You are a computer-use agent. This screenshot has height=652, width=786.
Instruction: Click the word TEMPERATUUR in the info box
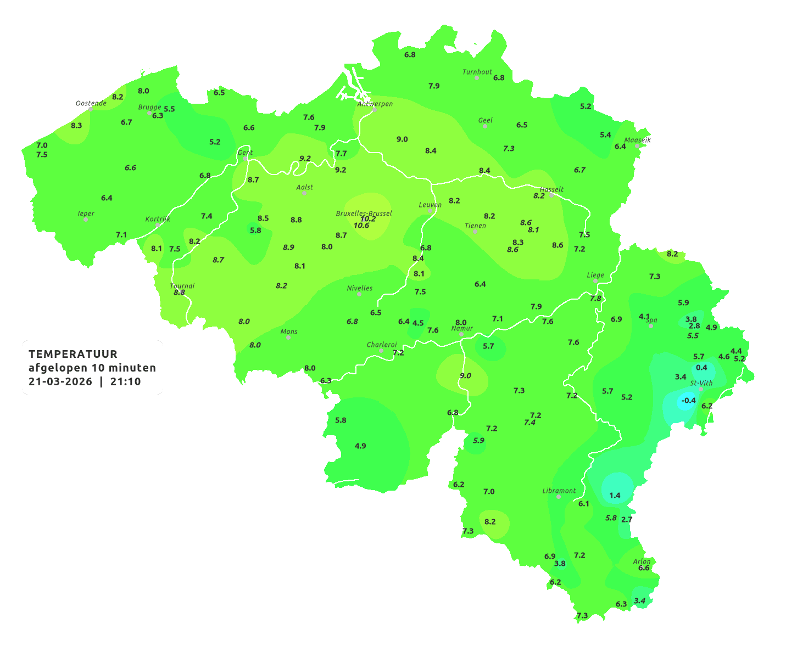73,354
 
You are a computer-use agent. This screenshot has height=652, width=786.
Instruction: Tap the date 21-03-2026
60,382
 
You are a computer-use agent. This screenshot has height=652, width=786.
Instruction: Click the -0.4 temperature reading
688,401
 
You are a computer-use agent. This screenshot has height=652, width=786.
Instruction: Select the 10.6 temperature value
361,226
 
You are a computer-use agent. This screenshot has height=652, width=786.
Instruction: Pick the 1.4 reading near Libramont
615,496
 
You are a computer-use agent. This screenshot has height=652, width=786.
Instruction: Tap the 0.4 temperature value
701,368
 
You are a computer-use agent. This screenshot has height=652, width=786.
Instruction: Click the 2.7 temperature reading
627,519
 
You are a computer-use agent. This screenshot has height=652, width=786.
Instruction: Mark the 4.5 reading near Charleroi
418,323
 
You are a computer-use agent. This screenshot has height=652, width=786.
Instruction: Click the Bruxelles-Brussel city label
364,213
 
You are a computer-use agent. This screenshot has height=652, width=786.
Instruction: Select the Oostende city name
91,103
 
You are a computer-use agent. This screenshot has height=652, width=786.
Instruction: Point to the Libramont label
559,491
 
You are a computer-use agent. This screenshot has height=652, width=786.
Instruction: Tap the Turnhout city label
477,72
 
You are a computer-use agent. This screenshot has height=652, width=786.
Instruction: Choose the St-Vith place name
701,383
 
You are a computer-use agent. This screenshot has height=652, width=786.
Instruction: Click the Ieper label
86,213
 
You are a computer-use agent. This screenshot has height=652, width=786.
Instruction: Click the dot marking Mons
288,338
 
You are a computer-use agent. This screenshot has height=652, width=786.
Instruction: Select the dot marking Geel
485,126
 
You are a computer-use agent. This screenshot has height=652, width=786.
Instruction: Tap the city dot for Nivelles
359,294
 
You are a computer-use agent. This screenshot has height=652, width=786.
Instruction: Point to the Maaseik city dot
637,146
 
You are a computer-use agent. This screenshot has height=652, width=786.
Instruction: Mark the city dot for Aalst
304,193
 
